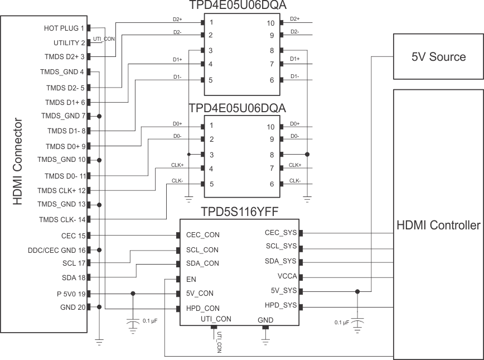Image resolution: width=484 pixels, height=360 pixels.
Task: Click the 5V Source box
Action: pyautogui.click(x=438, y=57)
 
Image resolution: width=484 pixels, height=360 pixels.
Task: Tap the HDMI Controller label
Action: pyautogui.click(x=438, y=225)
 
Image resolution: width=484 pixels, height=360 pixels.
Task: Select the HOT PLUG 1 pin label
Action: pyautogui.click(x=64, y=28)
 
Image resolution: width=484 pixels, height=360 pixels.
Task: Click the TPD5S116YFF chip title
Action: pyautogui.click(x=239, y=212)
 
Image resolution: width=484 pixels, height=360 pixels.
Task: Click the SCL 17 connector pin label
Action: pyautogui.click(x=74, y=262)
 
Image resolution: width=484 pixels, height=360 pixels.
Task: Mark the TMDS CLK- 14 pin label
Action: pyautogui.click(x=61, y=219)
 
